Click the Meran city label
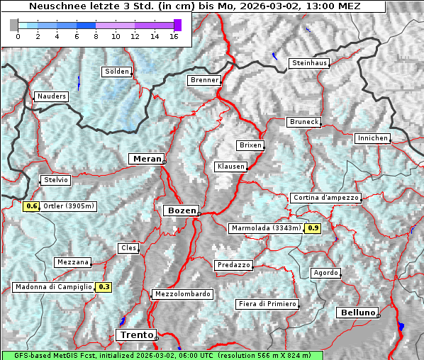click(146, 159)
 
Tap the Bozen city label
click(180, 210)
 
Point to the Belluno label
click(357, 312)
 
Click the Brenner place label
click(204, 81)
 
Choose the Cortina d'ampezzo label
click(325, 198)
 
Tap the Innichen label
click(372, 138)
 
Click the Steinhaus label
click(309, 64)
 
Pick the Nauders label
click(51, 96)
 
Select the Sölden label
click(117, 72)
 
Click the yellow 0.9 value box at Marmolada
click(313, 228)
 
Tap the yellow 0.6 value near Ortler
click(31, 206)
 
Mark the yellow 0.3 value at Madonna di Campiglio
click(104, 287)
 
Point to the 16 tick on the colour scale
click(174, 37)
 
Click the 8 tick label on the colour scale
click(96, 37)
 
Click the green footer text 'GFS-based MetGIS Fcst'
click(49, 355)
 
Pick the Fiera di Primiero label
click(267, 304)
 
